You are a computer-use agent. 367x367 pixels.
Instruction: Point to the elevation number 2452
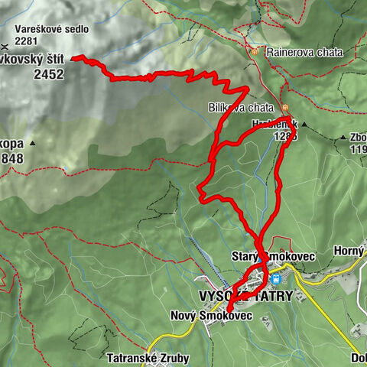pos(49,75)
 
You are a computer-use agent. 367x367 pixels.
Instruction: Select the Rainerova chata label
pos(297,52)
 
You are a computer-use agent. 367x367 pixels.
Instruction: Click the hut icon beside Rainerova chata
pos(254,52)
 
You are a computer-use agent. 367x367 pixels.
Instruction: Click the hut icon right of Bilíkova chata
pos(284,108)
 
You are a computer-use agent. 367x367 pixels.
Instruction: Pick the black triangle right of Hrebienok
pos(304,123)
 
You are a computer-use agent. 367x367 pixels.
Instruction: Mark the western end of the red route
pos(73,57)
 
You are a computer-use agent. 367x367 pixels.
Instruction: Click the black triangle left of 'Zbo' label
pos(341,138)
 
